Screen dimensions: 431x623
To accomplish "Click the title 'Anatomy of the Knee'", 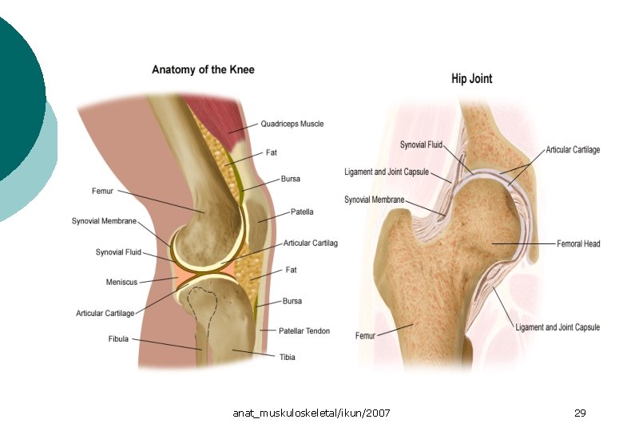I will pos(203,69).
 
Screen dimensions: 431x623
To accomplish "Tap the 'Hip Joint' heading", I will pos(471,78).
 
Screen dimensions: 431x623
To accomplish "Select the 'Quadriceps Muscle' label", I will pos(292,124).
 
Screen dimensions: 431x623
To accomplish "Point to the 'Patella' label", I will pos(302,212).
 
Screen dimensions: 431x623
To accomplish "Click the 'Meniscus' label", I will pos(121,282).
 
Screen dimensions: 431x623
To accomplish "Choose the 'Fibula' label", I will pos(118,339).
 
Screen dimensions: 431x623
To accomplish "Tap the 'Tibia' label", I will pos(287,357).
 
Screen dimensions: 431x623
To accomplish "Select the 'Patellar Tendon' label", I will pos(304,330).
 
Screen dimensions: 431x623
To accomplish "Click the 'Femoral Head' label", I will pos(578,243).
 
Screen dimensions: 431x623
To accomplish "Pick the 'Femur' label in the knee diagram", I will pos(104,191).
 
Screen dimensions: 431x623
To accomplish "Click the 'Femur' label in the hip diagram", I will pos(365,336).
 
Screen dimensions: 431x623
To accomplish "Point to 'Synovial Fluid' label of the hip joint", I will pos(421,144).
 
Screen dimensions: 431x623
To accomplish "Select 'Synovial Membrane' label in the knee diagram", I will pos(104,221).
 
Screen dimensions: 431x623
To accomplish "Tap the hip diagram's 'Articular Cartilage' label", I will pos(573,149).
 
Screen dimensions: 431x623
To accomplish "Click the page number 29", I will pos(580,413).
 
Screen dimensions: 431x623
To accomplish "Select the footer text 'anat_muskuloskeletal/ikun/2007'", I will pos(311,413).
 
